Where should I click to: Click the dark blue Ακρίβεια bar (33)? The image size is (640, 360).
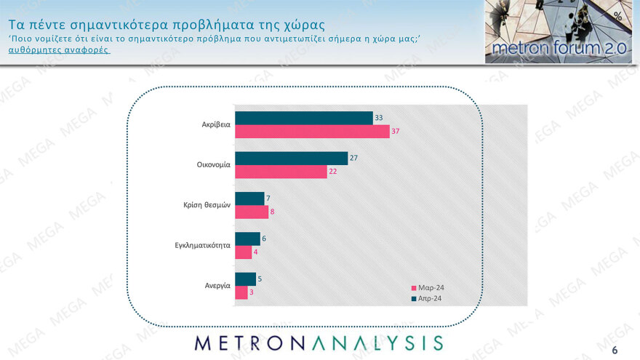click(x=304, y=118)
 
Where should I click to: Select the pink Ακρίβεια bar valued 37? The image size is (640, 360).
click(x=312, y=131)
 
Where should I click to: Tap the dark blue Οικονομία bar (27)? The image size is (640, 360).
click(x=292, y=158)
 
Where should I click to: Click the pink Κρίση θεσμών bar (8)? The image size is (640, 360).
click(x=252, y=212)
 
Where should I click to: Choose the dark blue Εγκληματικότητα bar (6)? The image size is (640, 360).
click(x=248, y=239)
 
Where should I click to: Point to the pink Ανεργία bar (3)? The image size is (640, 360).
click(x=242, y=292)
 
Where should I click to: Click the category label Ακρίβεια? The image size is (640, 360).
click(x=216, y=124)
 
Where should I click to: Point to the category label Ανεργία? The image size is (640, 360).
click(x=218, y=286)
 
